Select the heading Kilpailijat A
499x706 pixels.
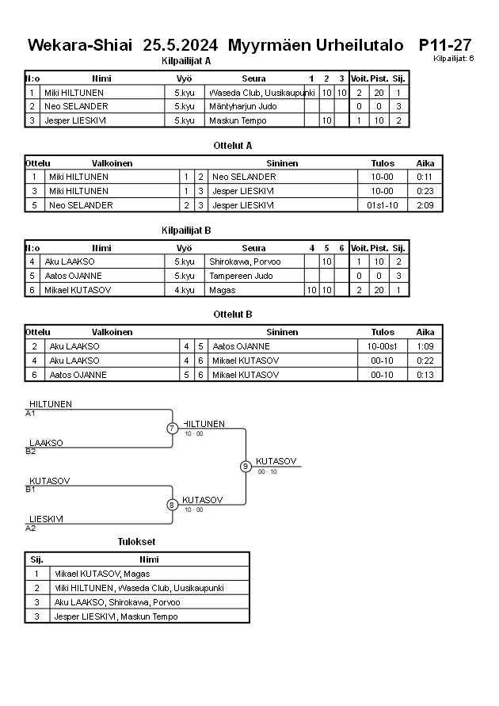[x=186, y=60]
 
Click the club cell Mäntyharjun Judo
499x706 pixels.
[x=243, y=106]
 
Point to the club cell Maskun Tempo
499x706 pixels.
[x=238, y=121]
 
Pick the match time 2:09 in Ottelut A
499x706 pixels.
[x=425, y=206]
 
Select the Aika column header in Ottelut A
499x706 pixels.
[x=425, y=163]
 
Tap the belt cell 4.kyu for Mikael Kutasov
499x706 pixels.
[x=184, y=291]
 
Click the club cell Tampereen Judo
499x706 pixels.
[x=241, y=277]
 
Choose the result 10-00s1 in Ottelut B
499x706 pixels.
[x=382, y=347]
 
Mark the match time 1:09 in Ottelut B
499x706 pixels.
[x=425, y=347]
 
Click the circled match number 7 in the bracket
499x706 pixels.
[x=172, y=429]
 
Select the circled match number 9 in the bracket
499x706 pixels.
[x=246, y=467]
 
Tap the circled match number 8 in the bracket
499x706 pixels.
[x=172, y=505]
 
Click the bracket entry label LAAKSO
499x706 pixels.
[x=46, y=443]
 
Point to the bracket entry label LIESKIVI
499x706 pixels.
[x=46, y=519]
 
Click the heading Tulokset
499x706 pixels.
[x=136, y=542]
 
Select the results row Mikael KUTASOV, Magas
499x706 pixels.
[x=102, y=574]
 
